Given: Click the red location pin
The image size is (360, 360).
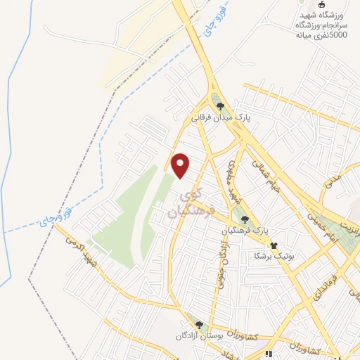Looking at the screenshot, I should [181, 165].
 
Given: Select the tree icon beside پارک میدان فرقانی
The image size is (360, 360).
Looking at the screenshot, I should [220, 107].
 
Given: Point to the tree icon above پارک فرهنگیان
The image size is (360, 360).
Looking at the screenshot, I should [245, 219].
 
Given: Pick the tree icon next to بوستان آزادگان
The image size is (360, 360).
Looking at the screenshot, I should [200, 325].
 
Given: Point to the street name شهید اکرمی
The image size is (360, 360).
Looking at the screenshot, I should [83, 254].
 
